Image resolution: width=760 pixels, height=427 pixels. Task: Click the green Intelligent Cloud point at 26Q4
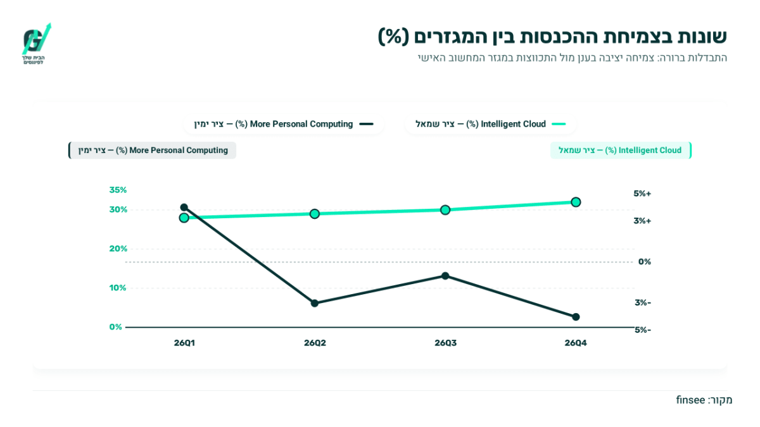(576, 202)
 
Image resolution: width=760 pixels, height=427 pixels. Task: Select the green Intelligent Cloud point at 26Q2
(315, 214)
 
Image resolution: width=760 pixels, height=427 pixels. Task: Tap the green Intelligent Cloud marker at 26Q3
(445, 210)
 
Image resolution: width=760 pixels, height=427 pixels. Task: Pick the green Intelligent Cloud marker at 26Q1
(184, 218)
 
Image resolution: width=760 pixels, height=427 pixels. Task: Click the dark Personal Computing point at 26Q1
(184, 207)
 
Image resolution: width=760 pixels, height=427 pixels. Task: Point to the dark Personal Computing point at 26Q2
(315, 303)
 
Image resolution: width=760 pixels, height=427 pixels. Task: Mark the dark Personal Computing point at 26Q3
(445, 276)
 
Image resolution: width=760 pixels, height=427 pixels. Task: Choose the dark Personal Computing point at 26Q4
(576, 317)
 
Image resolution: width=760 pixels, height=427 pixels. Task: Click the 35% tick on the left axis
(118, 190)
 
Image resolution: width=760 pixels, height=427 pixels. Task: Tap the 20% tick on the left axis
(118, 249)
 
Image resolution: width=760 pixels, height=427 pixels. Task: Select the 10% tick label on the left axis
(117, 288)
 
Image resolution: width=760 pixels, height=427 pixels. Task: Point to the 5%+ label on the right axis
(642, 194)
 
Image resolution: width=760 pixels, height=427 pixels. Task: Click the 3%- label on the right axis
(643, 302)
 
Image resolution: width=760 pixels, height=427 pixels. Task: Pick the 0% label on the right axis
(645, 262)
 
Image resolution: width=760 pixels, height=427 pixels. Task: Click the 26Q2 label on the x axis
(315, 343)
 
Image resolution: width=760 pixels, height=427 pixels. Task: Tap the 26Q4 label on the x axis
(576, 343)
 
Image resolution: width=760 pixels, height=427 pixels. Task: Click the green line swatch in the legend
(559, 124)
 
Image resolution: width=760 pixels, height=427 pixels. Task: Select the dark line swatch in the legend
(367, 124)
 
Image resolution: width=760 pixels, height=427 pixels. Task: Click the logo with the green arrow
(36, 44)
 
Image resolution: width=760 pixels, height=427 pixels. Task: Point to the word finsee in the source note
(690, 400)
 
